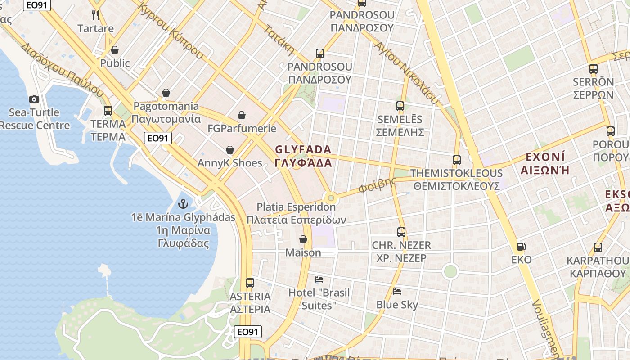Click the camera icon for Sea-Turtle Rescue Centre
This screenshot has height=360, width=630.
pyautogui.click(x=34, y=99)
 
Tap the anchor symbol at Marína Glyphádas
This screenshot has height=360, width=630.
pyautogui.click(x=183, y=204)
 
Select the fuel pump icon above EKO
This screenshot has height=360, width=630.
pyautogui.click(x=522, y=246)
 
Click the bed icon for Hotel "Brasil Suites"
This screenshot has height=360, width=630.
pyautogui.click(x=319, y=279)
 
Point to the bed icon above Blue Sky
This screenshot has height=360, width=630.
pyautogui.click(x=397, y=291)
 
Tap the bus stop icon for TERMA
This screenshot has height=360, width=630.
pyautogui.click(x=108, y=110)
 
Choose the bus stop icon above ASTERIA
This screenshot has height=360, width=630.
pyautogui.click(x=250, y=283)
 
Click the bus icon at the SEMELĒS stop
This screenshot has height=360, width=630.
pyautogui.click(x=400, y=106)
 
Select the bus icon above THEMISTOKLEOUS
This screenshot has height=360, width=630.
pyautogui.click(x=457, y=160)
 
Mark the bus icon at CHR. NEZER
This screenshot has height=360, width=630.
pyautogui.click(x=401, y=232)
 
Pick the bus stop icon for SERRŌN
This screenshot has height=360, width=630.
pyautogui.click(x=594, y=69)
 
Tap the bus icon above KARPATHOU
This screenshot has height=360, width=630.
pyautogui.click(x=598, y=247)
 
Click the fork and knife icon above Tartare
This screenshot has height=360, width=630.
pyautogui.click(x=95, y=15)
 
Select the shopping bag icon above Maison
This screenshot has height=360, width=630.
pyautogui.click(x=303, y=239)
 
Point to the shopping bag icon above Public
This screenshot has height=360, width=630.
pyautogui.click(x=115, y=49)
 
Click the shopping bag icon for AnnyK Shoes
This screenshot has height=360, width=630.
pyautogui.click(x=230, y=149)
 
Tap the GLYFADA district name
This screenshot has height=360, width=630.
pyautogui.click(x=303, y=156)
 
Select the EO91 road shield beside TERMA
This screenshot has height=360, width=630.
pyautogui.click(x=158, y=138)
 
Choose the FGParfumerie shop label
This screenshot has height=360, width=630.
pyautogui.click(x=242, y=129)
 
